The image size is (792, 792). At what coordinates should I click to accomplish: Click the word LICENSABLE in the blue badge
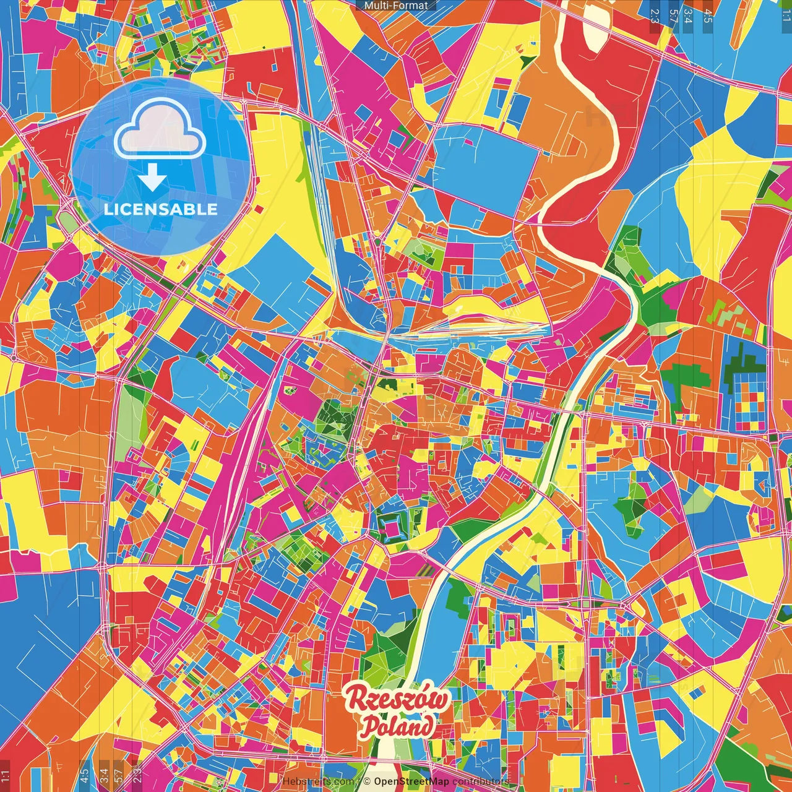pyautogui.click(x=160, y=209)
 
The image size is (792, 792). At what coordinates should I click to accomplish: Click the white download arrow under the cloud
pyautogui.click(x=152, y=178)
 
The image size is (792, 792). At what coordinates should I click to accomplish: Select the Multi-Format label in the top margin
pyautogui.click(x=396, y=6)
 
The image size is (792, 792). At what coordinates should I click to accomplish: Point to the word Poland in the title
pyautogui.click(x=398, y=726)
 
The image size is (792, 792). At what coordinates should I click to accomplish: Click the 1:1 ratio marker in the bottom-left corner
pyautogui.click(x=6, y=775)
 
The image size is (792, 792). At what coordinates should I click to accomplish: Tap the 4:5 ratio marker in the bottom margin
pyautogui.click(x=85, y=775)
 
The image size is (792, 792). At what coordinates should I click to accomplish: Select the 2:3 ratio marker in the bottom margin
pyautogui.click(x=137, y=775)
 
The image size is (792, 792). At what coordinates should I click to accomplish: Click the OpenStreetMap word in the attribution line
pyautogui.click(x=411, y=781)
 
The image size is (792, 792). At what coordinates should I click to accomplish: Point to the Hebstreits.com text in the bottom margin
pyautogui.click(x=319, y=781)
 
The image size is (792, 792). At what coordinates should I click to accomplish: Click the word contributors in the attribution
pyautogui.click(x=480, y=781)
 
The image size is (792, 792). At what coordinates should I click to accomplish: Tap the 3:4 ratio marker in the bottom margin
pyautogui.click(x=103, y=775)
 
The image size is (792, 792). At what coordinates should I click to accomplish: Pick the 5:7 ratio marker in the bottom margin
pyautogui.click(x=119, y=775)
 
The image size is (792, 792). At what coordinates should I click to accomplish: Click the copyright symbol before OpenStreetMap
pyautogui.click(x=367, y=781)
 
